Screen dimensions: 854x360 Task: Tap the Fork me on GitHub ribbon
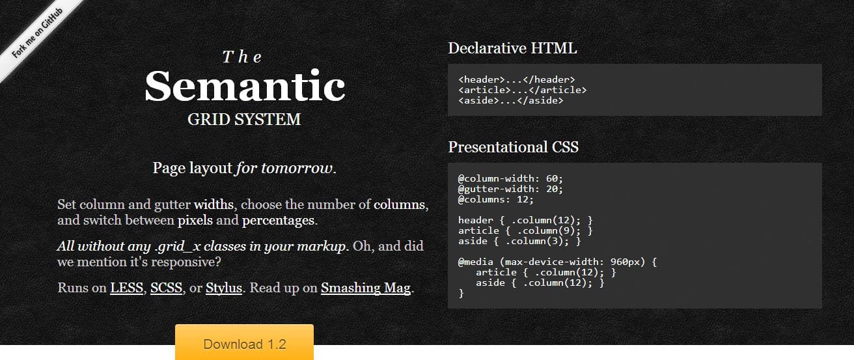(x=37, y=34)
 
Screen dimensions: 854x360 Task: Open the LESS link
(x=126, y=288)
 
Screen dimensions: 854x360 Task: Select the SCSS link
(x=166, y=288)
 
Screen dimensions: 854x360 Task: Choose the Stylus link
(x=224, y=288)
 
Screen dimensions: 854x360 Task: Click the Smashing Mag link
(x=366, y=288)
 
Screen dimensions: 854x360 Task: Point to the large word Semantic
(x=245, y=86)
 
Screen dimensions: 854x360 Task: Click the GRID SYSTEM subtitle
(x=244, y=119)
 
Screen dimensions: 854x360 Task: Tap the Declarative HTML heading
(x=512, y=48)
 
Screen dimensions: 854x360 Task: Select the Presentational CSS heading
(x=513, y=147)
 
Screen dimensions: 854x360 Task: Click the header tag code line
(x=517, y=79)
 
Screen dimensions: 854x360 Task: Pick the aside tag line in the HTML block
(x=510, y=101)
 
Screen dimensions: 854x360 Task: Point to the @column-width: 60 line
(x=510, y=178)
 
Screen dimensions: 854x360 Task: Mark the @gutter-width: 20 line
(x=510, y=189)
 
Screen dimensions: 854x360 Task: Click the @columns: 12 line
(x=495, y=199)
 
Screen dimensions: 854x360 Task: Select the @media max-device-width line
(x=557, y=262)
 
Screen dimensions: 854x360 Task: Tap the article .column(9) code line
(x=525, y=230)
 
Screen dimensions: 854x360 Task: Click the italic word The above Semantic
(x=242, y=57)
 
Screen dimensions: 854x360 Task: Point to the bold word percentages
(x=279, y=221)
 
